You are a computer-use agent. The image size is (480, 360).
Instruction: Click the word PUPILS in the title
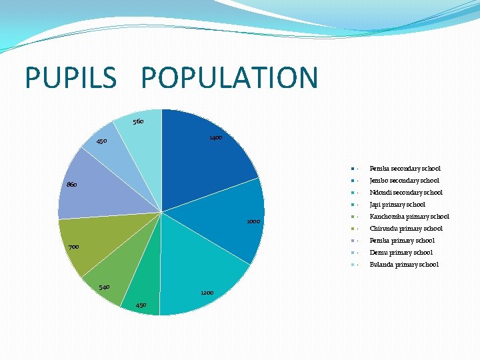pyautogui.click(x=71, y=77)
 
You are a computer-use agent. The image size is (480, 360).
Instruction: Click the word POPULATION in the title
pyautogui.click(x=229, y=77)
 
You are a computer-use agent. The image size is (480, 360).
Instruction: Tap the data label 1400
pyautogui.click(x=216, y=137)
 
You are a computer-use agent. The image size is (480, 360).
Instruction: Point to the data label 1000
pyautogui.click(x=253, y=221)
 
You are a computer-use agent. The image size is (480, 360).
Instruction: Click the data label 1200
pyautogui.click(x=207, y=293)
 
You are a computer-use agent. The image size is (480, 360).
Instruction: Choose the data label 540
pyautogui.click(x=104, y=287)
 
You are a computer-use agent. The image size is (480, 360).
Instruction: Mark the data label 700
pyautogui.click(x=73, y=247)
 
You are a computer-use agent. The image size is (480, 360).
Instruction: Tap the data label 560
pyautogui.click(x=138, y=122)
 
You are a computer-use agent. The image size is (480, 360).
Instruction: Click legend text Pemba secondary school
pyautogui.click(x=405, y=169)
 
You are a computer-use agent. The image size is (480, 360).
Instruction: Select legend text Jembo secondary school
pyautogui.click(x=404, y=181)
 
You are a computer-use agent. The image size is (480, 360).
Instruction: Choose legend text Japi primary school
pyautogui.click(x=397, y=205)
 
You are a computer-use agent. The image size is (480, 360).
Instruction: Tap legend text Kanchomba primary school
pyautogui.click(x=409, y=217)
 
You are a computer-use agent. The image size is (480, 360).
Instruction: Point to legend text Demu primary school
pyautogui.click(x=401, y=253)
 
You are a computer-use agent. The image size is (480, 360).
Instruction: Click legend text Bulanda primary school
pyautogui.click(x=404, y=265)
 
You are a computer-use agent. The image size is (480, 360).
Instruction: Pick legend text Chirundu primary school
pyautogui.click(x=406, y=229)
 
